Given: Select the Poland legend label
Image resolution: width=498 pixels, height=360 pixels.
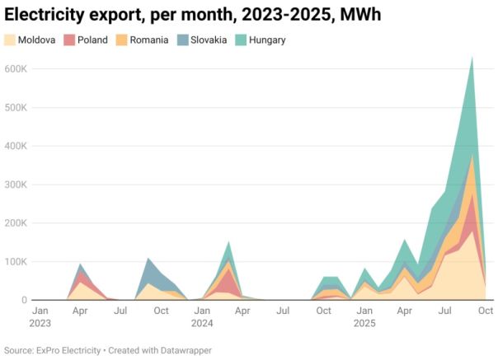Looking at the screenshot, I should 92,40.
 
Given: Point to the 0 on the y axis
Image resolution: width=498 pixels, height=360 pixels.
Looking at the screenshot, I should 24,301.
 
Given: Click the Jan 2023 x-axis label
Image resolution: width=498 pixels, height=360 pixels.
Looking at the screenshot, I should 40,317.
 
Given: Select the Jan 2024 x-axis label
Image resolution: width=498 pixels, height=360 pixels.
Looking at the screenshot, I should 202,317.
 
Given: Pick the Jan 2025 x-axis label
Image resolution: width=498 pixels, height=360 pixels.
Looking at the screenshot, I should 364,317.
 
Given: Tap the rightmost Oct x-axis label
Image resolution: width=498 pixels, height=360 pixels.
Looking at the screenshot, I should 486,311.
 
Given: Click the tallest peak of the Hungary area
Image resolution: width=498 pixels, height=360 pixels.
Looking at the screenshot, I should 472,58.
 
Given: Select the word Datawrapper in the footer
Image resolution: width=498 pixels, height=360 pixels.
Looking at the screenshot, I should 186,350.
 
